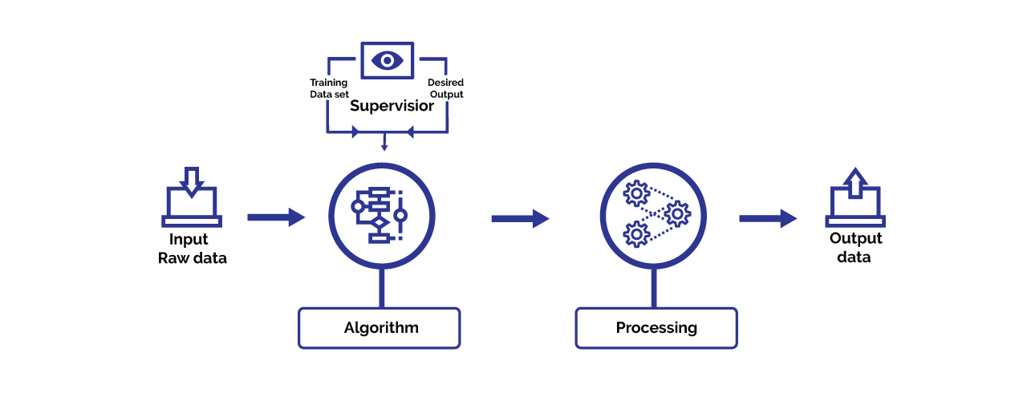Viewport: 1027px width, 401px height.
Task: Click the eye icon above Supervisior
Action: (387, 60)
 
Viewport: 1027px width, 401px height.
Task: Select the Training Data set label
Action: (329, 88)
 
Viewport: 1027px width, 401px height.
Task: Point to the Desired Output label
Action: (445, 88)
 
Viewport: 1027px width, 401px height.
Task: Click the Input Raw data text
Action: (192, 249)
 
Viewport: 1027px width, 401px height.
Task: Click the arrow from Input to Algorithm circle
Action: (276, 217)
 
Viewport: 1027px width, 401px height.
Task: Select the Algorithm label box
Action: (380, 328)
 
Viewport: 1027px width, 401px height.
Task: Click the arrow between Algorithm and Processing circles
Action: (520, 217)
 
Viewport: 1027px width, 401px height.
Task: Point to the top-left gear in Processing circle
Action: (636, 193)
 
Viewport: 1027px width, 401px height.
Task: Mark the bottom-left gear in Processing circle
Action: (636, 233)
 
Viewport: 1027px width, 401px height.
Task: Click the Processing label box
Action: (656, 328)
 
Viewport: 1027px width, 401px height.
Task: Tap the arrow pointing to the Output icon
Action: (768, 217)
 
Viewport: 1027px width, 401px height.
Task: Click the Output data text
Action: (855, 248)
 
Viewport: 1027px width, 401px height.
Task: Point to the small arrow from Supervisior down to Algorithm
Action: (384, 142)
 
